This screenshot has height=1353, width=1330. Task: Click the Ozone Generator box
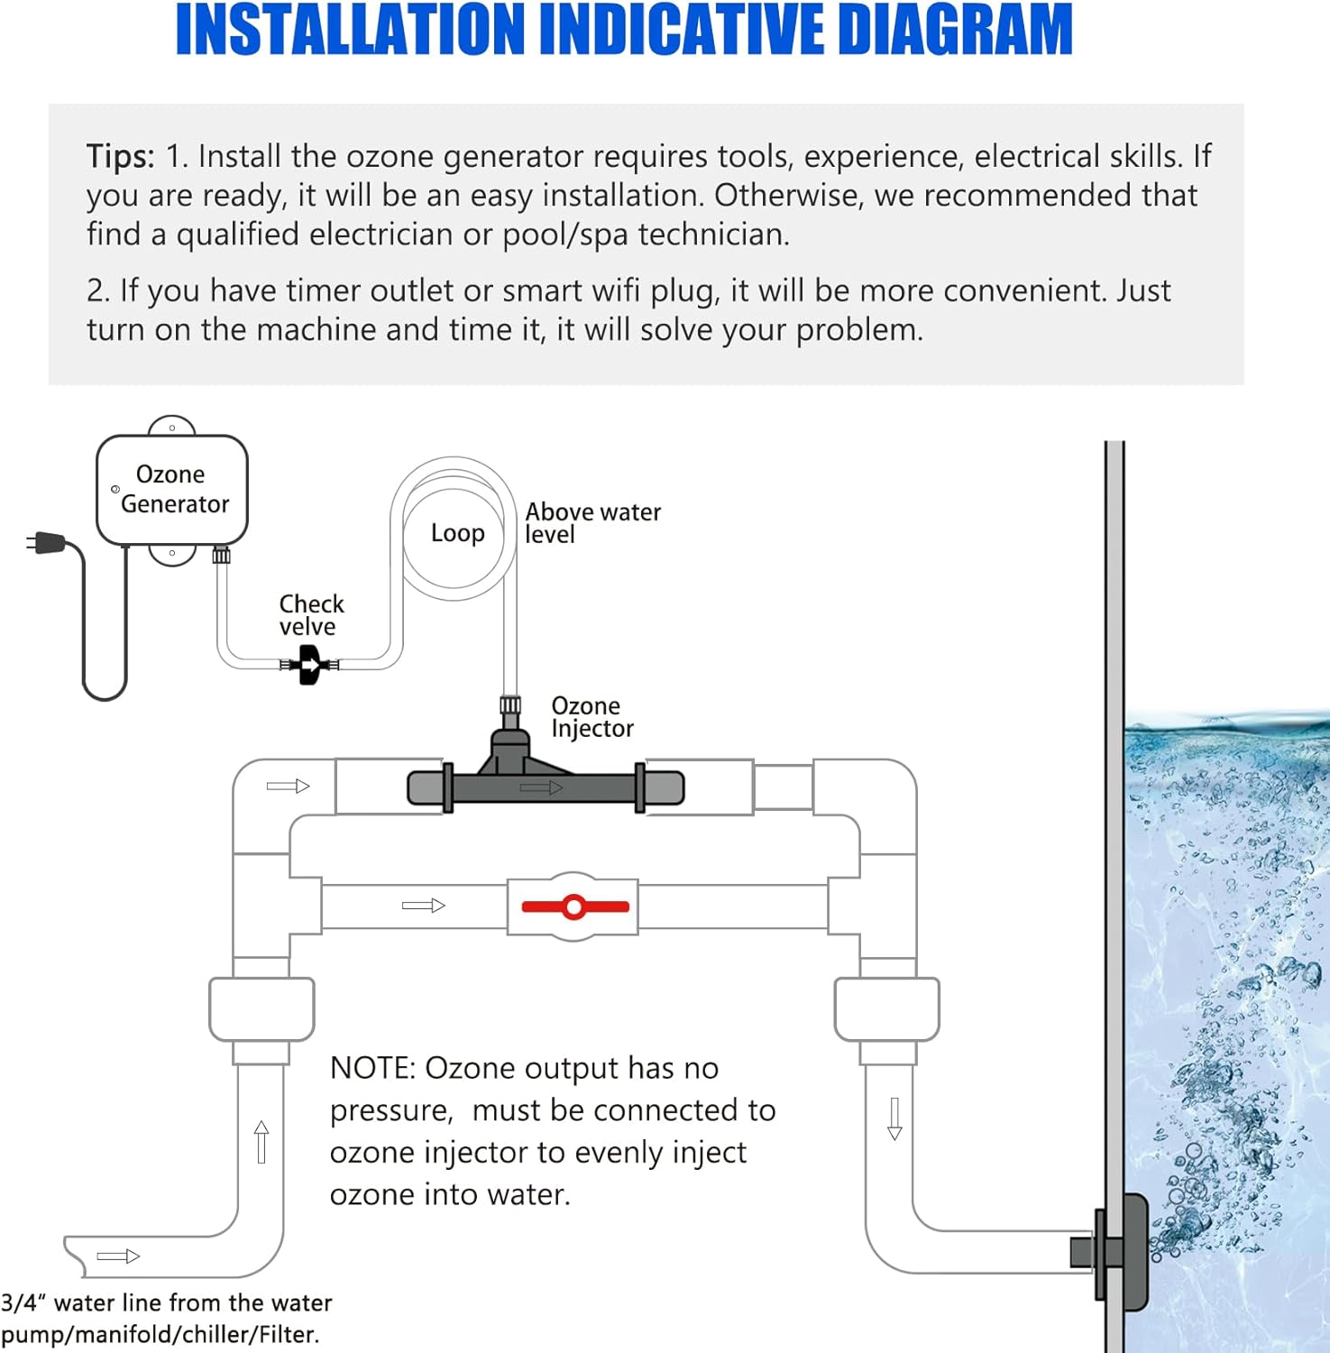[x=171, y=490]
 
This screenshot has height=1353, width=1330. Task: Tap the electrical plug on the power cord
[x=46, y=543]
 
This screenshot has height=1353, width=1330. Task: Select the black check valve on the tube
[x=309, y=667]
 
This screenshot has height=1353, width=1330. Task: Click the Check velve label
[x=311, y=615]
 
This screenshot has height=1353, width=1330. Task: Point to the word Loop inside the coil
[x=458, y=533]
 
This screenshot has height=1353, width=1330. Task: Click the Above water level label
[x=592, y=523]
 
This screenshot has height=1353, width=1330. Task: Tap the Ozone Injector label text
[x=592, y=717]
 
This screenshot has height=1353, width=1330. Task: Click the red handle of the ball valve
[x=575, y=907]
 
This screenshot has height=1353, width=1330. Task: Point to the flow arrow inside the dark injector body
[x=541, y=787]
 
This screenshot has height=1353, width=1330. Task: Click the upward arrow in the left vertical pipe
[x=261, y=1142]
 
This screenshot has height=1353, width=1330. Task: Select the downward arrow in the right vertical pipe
[x=894, y=1118]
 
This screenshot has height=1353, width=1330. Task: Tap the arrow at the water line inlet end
[x=118, y=1256]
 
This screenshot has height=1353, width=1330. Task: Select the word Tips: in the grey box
[x=121, y=156]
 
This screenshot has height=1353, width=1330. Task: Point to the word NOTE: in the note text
[x=372, y=1068]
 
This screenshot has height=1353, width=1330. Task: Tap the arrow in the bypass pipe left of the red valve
[x=424, y=906]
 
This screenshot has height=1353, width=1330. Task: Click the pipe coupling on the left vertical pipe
[x=261, y=1009]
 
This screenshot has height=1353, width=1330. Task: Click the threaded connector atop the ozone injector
[x=510, y=704]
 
